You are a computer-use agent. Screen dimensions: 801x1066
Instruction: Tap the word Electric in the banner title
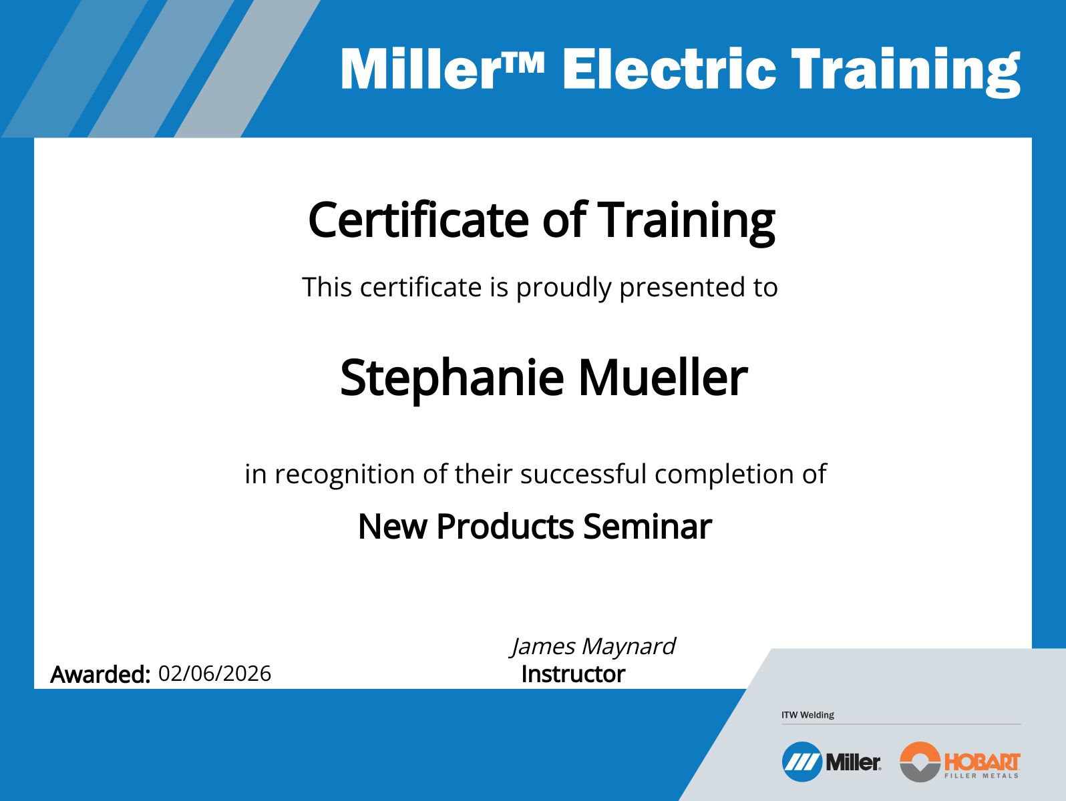coord(669,69)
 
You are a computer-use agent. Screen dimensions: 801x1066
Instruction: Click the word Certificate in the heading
coord(418,220)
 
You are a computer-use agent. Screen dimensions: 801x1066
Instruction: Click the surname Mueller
coord(662,377)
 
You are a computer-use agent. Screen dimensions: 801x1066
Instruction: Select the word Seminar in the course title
coord(647,526)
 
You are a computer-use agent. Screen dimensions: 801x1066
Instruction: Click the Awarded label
coord(100,674)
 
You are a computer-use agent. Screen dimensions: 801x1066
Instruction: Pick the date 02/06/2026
coord(214,673)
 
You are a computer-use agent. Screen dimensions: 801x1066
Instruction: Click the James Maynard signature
coord(593,646)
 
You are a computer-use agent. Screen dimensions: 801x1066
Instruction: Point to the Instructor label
coord(572,674)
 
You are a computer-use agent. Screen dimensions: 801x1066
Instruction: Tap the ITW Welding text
coord(808,715)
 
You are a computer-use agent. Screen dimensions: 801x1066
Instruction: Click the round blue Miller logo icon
coord(802,762)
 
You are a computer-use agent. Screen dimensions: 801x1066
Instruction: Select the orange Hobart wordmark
coord(982,761)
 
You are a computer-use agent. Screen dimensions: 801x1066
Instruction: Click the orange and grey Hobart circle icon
coord(920,762)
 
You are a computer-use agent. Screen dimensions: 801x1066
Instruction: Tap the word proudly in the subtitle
coord(564,288)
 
